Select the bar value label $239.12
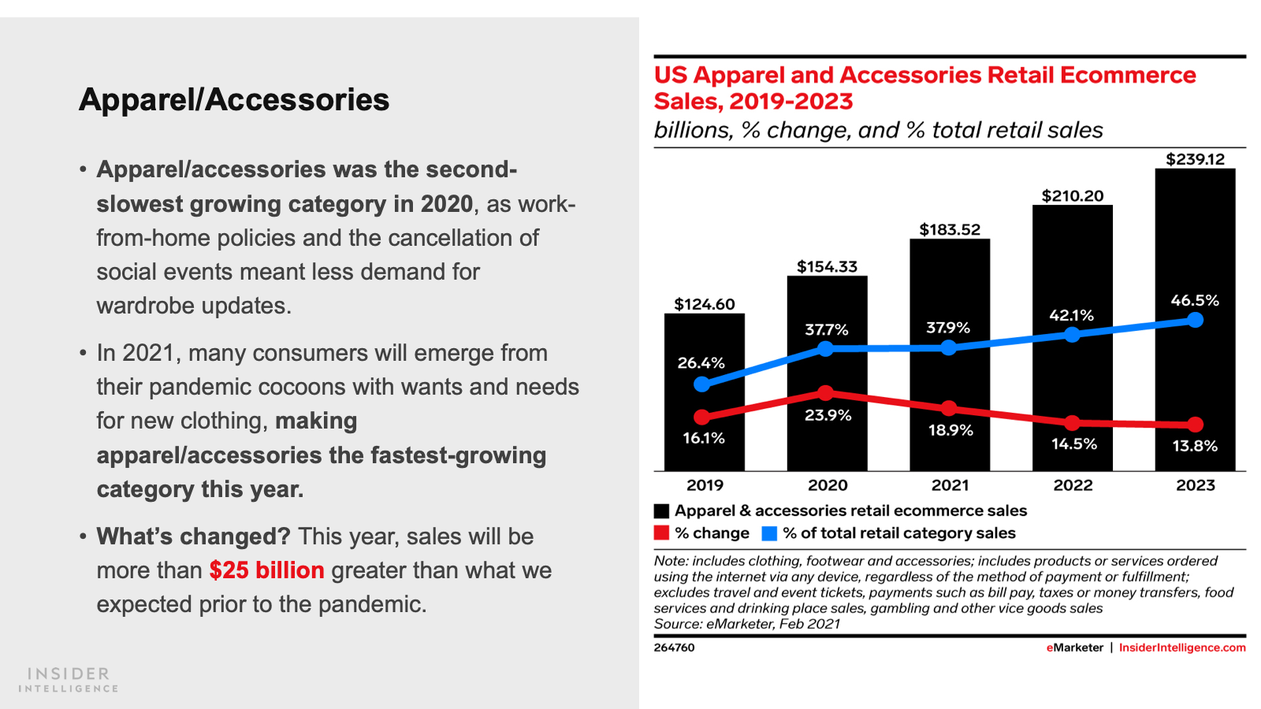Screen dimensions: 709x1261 (1195, 159)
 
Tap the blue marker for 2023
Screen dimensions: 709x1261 (1195, 320)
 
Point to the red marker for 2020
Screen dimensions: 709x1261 (825, 392)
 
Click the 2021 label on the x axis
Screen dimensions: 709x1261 (950, 485)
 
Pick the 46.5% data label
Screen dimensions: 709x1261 (1195, 300)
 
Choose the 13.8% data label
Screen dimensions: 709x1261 (1195, 446)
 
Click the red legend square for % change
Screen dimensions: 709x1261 (661, 533)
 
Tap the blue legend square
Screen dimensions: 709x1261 (769, 533)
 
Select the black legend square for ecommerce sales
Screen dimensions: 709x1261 (661, 511)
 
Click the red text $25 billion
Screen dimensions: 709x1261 (266, 570)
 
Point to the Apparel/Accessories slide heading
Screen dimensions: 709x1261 (234, 100)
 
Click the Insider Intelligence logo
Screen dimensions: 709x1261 (69, 679)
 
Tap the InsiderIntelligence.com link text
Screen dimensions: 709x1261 (1182, 648)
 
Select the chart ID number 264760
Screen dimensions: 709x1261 (674, 648)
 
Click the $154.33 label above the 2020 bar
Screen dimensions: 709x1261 (827, 266)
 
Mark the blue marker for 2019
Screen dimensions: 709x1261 (702, 384)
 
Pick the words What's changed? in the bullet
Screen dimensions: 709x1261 (193, 536)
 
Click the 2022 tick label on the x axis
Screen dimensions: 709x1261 (1073, 485)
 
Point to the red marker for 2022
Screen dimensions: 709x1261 (1072, 423)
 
